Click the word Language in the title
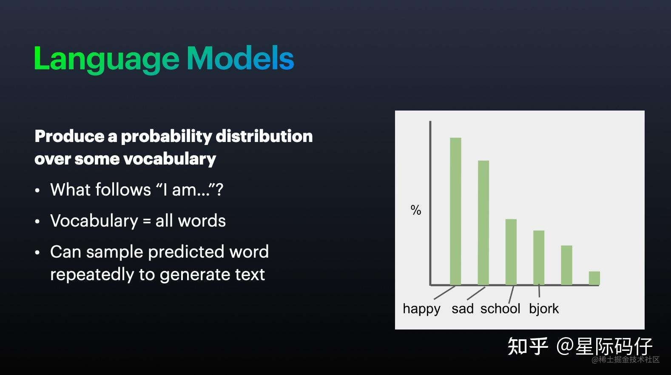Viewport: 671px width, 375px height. click(107, 59)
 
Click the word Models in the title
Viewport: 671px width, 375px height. click(241, 58)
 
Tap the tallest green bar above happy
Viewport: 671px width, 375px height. click(455, 211)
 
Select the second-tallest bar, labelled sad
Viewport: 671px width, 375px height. click(483, 222)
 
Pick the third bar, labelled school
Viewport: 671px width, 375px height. click(511, 252)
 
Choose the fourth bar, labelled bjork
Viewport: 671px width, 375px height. click(539, 258)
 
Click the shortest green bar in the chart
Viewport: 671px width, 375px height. click(594, 278)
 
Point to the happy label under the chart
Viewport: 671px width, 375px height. click(421, 309)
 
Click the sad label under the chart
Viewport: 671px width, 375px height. click(463, 309)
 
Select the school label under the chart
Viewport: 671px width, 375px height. click(500, 309)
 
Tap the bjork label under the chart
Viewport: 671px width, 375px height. click(544, 309)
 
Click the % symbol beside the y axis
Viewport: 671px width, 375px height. click(416, 210)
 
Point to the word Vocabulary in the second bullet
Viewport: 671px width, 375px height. click(94, 221)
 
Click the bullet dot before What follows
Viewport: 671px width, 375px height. click(37, 190)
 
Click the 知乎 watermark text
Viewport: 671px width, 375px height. click(528, 346)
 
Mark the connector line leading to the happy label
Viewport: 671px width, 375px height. click(444, 293)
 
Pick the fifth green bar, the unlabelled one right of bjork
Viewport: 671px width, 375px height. click(566, 265)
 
